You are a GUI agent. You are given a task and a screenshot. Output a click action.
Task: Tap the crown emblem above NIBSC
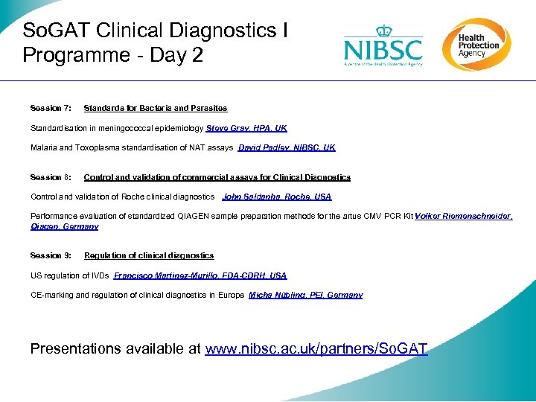pos(383,31)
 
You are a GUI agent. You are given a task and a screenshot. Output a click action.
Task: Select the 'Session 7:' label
pos(51,109)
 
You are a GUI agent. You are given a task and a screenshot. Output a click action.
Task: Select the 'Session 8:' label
pos(51,178)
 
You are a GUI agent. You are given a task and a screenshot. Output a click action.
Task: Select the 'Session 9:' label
pos(51,256)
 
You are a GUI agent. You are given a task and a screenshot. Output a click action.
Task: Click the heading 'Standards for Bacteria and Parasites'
pos(156,109)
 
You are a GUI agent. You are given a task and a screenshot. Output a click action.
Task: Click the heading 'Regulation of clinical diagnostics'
pos(149,256)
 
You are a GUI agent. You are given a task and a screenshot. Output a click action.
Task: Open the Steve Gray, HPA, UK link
pos(246,128)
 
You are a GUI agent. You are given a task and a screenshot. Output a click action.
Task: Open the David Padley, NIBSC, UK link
pos(287,148)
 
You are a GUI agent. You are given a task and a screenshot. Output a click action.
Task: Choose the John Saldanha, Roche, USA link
pos(277,197)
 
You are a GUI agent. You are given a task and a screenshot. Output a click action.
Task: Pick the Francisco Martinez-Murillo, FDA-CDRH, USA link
pos(200,276)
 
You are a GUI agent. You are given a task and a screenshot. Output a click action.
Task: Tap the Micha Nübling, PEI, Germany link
pos(306,296)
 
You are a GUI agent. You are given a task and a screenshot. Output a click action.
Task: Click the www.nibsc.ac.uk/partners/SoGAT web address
pos(316,348)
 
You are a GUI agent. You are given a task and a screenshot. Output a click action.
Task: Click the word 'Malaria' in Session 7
pos(43,148)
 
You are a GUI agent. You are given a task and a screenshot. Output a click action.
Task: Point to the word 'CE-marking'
pos(51,296)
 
